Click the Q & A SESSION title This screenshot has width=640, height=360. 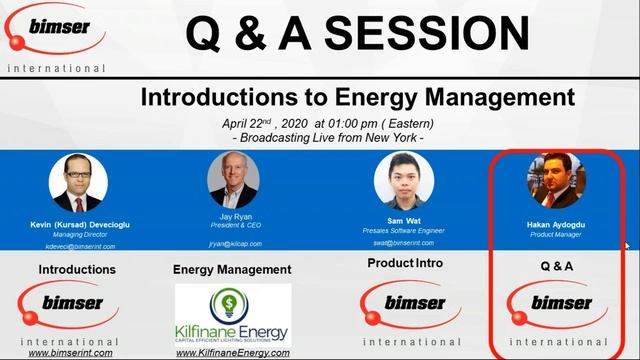pyautogui.click(x=357, y=35)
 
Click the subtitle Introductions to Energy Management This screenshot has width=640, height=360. pyautogui.click(x=357, y=98)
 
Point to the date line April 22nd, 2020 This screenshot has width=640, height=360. pyautogui.click(x=328, y=123)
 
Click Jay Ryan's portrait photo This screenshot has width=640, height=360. pyautogui.click(x=233, y=179)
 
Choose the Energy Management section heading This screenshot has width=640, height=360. pyautogui.click(x=232, y=270)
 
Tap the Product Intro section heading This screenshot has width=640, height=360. pyautogui.click(x=403, y=262)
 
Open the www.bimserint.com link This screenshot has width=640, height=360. pyautogui.click(x=70, y=352)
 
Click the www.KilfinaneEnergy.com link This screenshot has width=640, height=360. pyautogui.click(x=232, y=352)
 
